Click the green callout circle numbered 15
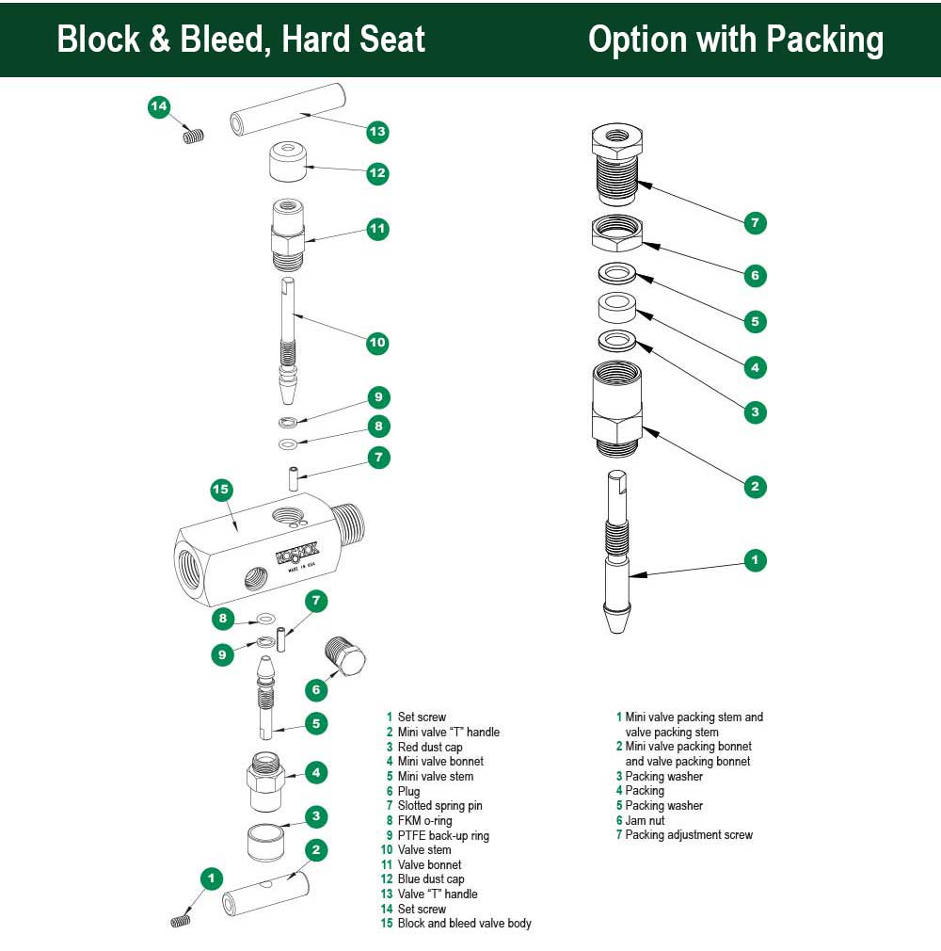221,490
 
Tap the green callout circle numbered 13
377,131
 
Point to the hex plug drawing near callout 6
346,655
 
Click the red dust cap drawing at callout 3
268,840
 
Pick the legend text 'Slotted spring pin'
439,806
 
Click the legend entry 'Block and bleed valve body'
464,924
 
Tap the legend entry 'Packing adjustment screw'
689,835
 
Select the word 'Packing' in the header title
823,40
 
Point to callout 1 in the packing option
754,560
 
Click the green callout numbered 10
377,343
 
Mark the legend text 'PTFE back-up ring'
443,835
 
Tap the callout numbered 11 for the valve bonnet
377,229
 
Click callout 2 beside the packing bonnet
754,487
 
